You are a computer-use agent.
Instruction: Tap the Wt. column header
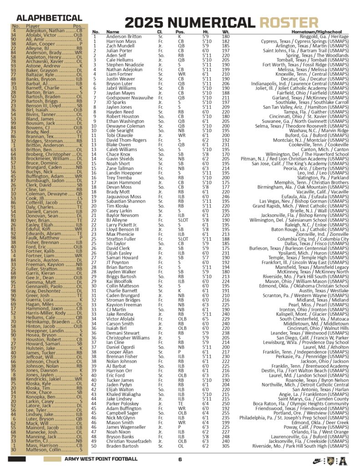[x=226, y=32]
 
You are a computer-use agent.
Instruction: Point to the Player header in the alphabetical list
[x=33, y=26]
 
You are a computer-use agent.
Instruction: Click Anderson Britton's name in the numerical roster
[x=124, y=36]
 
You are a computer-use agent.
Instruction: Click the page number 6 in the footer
[x=180, y=459]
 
